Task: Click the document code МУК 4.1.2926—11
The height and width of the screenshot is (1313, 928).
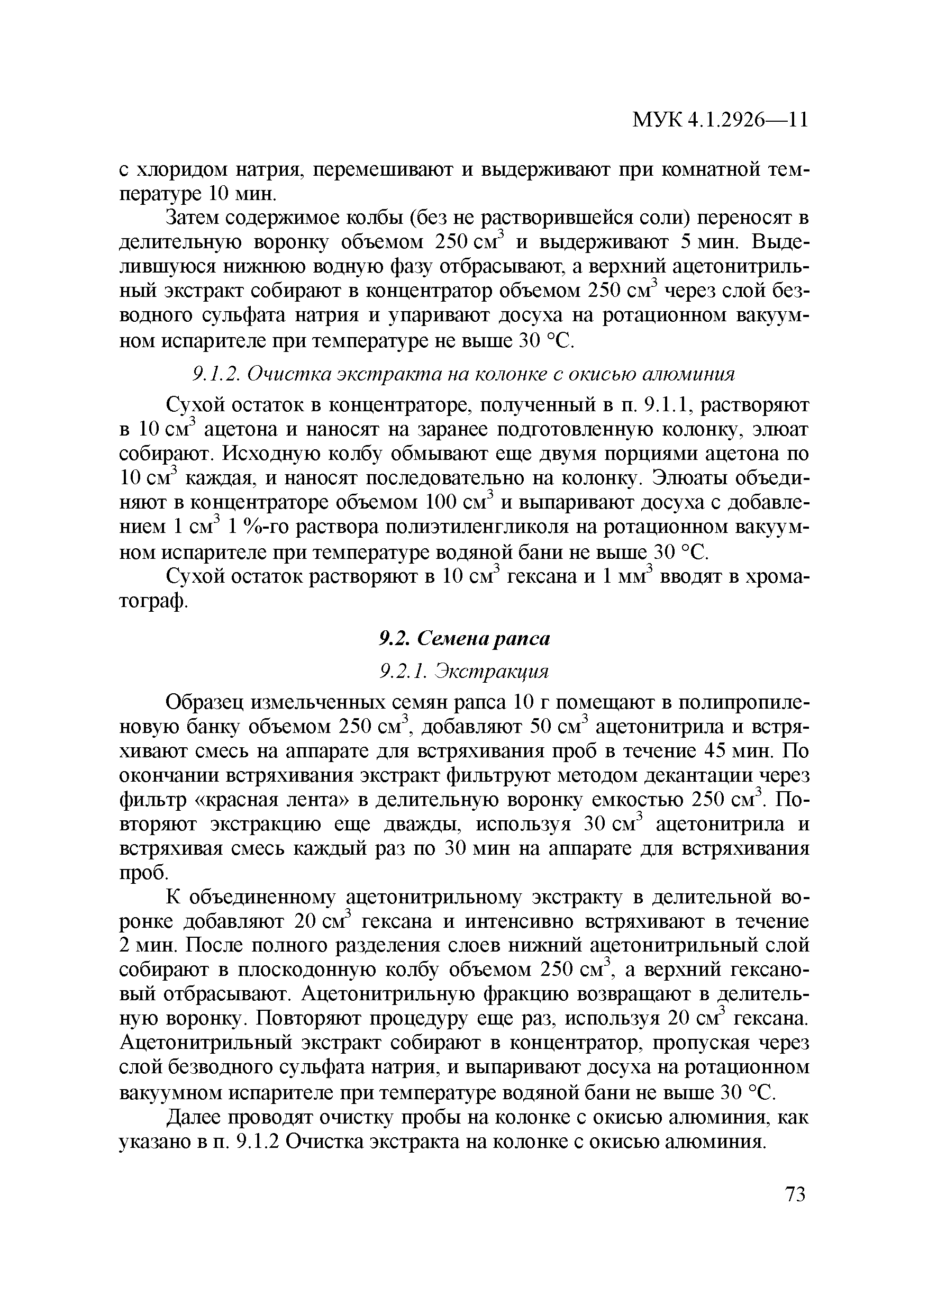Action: (720, 121)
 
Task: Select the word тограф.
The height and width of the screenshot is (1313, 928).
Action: (153, 602)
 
